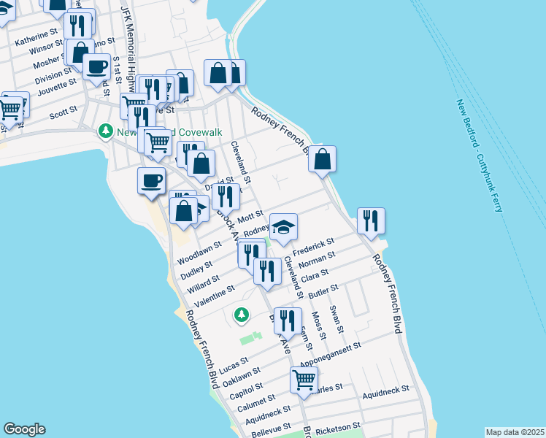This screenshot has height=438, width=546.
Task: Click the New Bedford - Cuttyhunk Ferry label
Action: (480, 156)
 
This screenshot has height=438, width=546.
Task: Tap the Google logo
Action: (24, 429)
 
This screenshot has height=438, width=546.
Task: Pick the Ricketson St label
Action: (338, 425)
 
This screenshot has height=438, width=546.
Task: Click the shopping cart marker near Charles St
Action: (304, 379)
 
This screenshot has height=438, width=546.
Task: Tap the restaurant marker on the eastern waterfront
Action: (371, 220)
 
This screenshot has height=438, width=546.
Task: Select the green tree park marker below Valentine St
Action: (241, 315)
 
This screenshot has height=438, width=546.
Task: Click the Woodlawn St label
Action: (199, 253)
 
